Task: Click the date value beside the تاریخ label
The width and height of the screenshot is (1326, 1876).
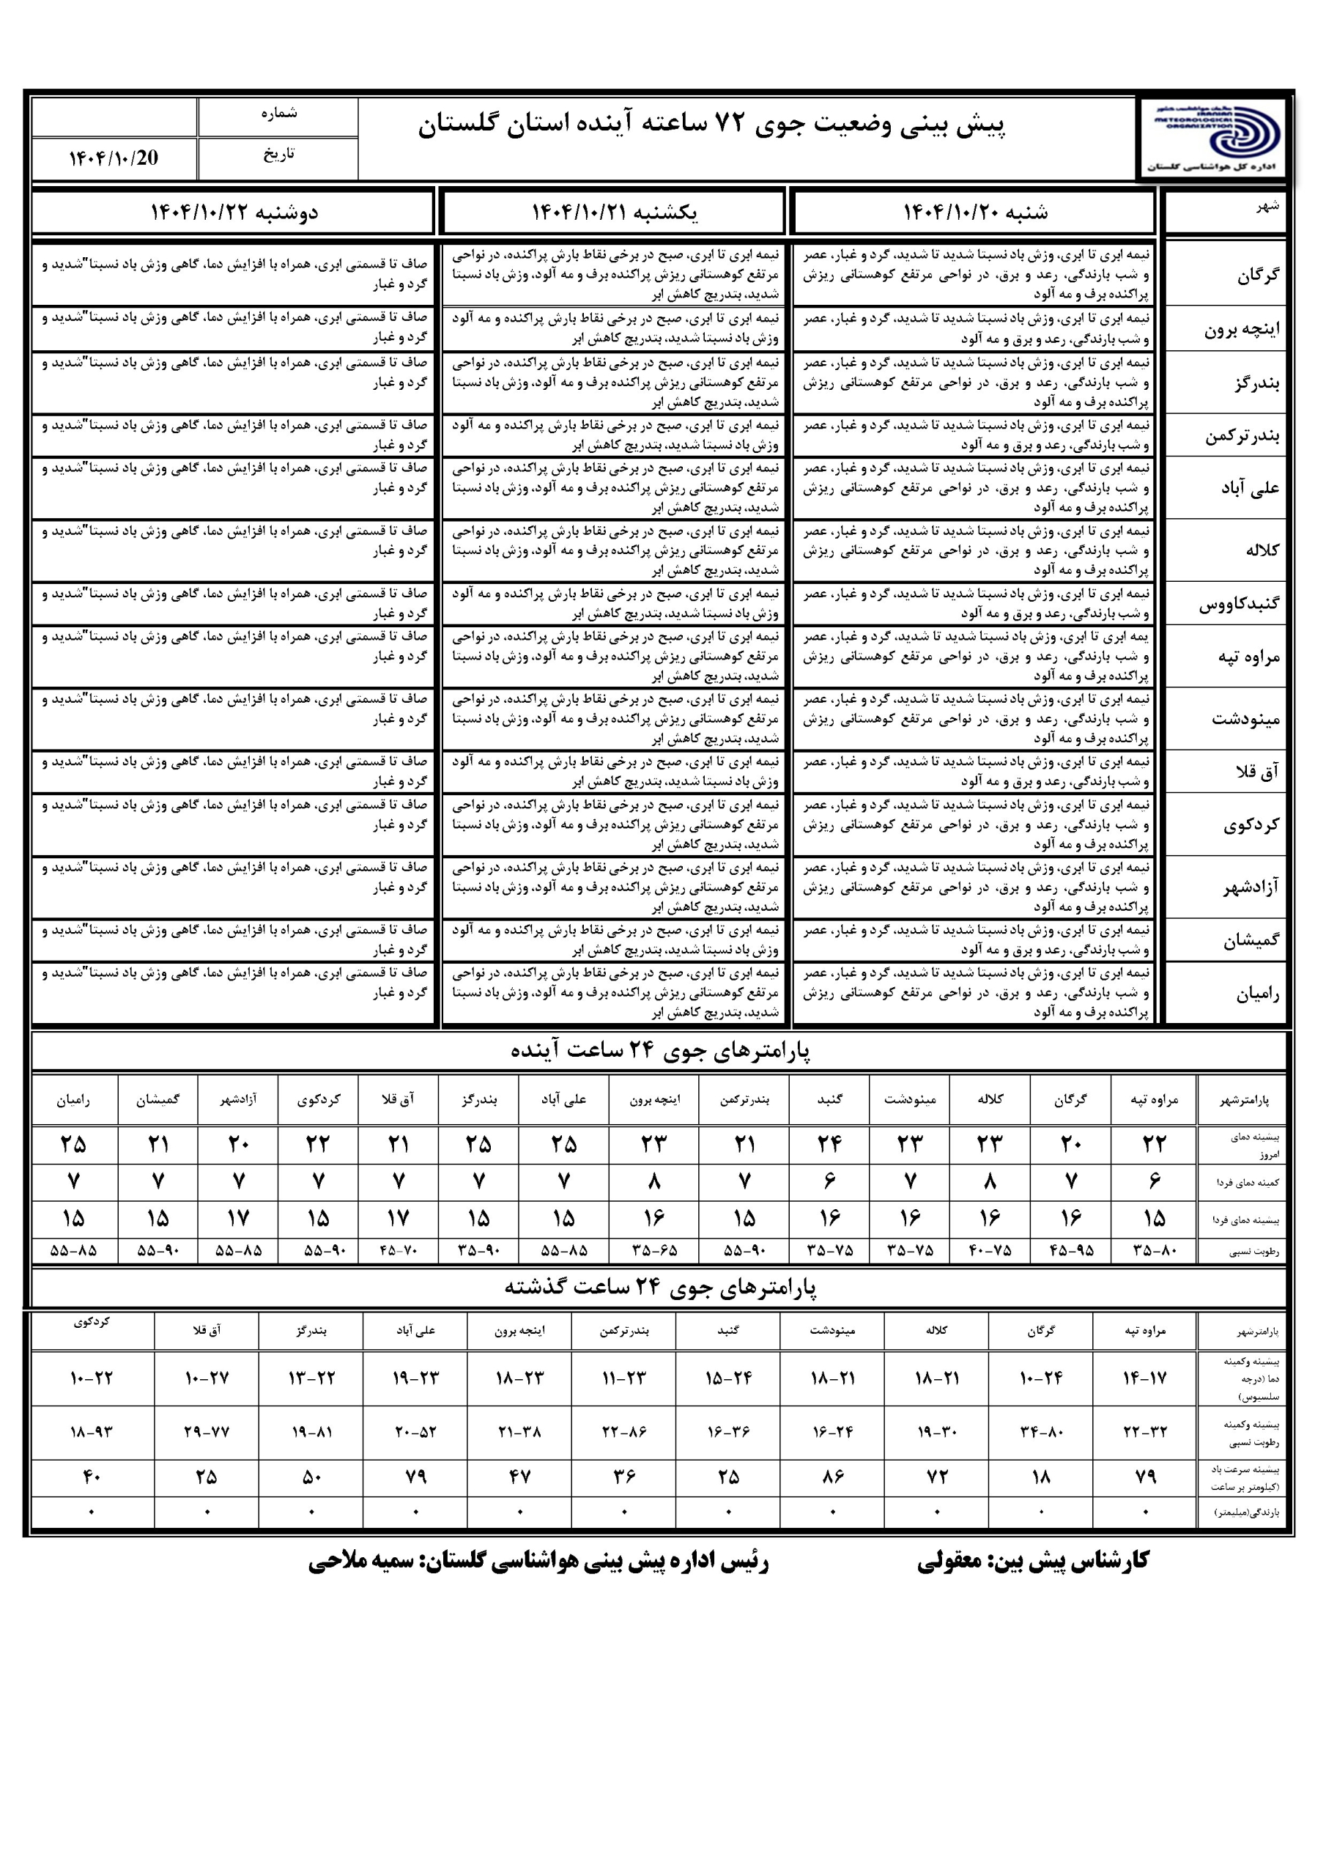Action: tap(114, 158)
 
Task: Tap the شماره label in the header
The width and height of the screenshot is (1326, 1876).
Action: tap(278, 114)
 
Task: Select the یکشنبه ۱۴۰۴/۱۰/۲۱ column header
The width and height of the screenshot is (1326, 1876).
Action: tap(614, 213)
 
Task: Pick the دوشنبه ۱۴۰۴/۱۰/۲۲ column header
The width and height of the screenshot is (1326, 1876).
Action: tap(234, 213)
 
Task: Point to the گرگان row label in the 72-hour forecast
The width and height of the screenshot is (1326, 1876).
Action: tap(1257, 275)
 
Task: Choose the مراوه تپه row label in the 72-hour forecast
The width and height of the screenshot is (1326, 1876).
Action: tap(1248, 656)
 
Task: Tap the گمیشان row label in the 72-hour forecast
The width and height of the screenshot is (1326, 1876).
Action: tap(1251, 940)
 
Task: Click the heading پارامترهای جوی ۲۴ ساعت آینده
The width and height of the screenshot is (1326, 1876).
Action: tap(660, 1051)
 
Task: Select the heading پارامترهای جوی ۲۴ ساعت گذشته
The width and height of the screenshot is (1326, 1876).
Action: tap(660, 1288)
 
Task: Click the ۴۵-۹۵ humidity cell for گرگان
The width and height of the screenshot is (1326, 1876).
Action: tap(1070, 1250)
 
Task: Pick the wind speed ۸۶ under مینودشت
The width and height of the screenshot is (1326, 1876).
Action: tap(832, 1477)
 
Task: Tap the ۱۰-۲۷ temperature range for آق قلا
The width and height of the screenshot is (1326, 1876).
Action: tap(207, 1378)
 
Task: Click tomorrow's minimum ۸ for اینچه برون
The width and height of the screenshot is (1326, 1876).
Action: tap(653, 1181)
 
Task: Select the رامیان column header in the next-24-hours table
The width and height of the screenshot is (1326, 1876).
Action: tap(73, 1101)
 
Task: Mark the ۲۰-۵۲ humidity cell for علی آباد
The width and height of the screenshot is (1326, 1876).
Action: tap(416, 1431)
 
